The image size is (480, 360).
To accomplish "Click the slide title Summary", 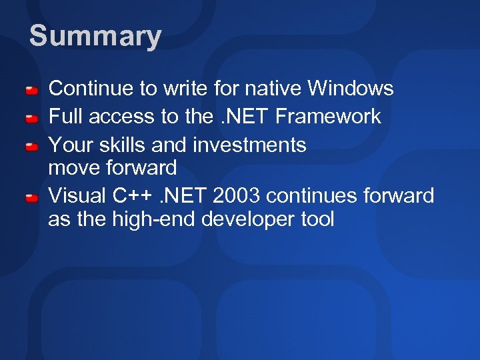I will click(x=95, y=37).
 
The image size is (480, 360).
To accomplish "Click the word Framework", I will click(x=328, y=117).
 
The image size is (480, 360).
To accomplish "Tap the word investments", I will click(x=249, y=145).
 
